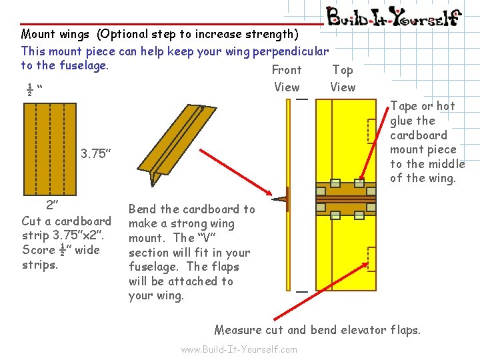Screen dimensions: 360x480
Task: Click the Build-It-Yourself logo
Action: click(x=393, y=16)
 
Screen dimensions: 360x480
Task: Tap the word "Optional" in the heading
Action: click(x=122, y=34)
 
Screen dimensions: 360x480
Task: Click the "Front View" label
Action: click(x=287, y=78)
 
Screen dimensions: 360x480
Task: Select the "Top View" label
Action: click(x=343, y=78)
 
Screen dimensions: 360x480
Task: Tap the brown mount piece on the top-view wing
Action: click(x=346, y=198)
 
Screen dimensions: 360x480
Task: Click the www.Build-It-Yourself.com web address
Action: click(x=239, y=349)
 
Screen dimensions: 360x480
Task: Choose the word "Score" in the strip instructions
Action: click(x=39, y=250)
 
